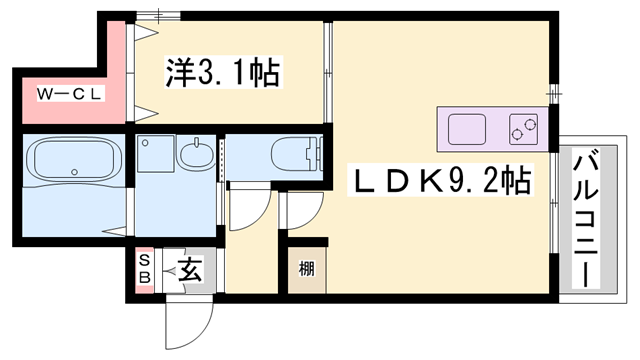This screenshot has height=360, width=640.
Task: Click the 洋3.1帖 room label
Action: [223, 72]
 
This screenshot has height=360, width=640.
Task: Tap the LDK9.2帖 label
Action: [440, 180]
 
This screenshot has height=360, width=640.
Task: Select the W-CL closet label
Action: [70, 94]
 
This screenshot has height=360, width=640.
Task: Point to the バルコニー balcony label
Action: [586, 218]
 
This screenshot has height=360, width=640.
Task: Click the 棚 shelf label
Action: [307, 269]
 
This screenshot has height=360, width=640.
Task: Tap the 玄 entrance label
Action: [190, 270]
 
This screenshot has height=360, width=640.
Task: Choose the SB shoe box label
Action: [144, 270]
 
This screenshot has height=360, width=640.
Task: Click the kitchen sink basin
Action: [467, 129]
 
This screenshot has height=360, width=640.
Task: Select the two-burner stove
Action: [523, 129]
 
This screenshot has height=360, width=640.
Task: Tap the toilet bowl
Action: [296, 154]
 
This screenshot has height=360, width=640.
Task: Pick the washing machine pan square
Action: [156, 153]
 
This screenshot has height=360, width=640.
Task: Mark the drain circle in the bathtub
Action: [74, 172]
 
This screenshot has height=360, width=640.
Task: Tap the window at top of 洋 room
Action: [158, 16]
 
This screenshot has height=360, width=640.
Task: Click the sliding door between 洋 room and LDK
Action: [328, 72]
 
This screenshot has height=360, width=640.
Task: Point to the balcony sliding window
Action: [553, 203]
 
